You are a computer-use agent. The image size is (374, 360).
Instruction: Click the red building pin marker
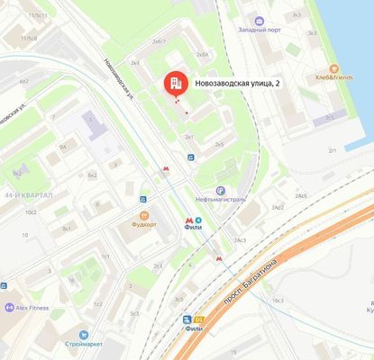click(175, 84)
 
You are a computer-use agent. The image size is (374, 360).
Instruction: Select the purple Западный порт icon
click(260, 21)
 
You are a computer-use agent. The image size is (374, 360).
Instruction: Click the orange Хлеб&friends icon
click(333, 68)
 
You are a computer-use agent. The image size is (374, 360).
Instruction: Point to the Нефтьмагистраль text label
click(222, 200)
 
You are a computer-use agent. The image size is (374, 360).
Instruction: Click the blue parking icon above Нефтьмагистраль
click(190, 156)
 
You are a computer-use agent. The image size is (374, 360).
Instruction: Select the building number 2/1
click(333, 150)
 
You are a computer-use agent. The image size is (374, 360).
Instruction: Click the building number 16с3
click(253, 300)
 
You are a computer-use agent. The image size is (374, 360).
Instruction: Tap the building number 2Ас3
click(240, 240)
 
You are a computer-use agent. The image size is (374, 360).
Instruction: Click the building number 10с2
click(31, 212)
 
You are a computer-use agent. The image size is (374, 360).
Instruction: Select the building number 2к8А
click(202, 55)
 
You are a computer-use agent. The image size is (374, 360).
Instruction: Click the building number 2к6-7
click(160, 41)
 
